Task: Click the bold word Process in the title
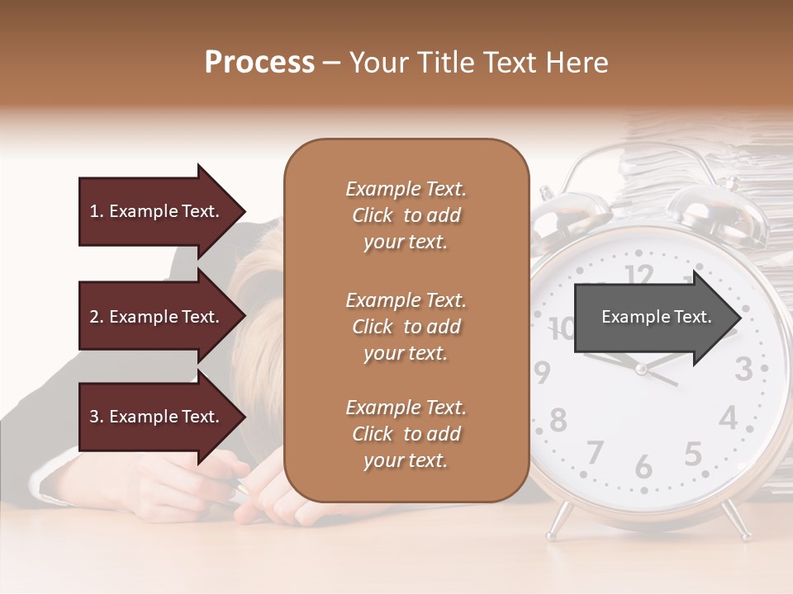[259, 63]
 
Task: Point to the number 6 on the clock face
[643, 466]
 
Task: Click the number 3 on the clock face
[743, 369]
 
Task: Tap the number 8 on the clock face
[558, 420]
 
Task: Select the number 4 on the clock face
[727, 418]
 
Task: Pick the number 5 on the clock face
[693, 454]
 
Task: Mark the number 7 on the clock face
[595, 453]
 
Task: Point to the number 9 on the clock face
[541, 373]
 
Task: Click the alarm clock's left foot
[559, 519]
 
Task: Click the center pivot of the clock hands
[640, 369]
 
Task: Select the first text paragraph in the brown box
[406, 215]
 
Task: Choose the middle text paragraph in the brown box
[406, 327]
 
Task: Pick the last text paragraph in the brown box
[406, 434]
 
